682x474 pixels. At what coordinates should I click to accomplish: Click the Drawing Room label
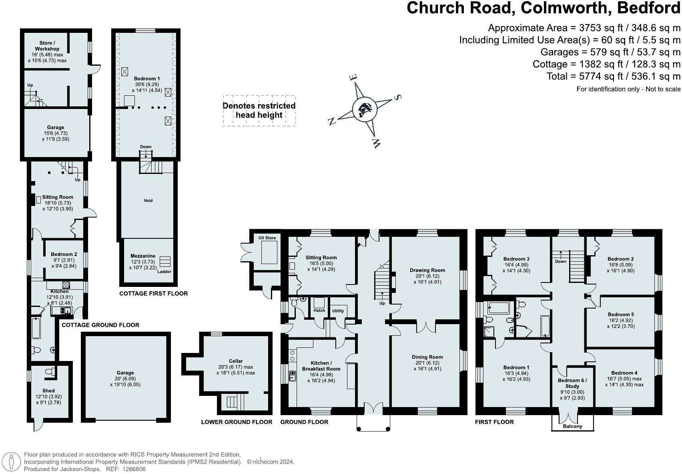[427, 270]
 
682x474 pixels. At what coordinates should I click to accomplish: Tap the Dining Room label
[427, 357]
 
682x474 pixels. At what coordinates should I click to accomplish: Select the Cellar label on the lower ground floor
[236, 361]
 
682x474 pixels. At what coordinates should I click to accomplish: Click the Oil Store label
[267, 238]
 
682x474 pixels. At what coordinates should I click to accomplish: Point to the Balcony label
[572, 426]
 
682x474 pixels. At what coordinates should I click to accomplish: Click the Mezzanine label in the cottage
[142, 256]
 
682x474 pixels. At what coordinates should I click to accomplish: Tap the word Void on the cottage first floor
[148, 200]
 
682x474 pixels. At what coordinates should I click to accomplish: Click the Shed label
[48, 391]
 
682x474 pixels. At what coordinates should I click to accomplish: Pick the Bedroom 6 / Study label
[572, 383]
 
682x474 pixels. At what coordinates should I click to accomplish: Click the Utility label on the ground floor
[338, 311]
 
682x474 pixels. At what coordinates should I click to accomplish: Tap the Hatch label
[319, 311]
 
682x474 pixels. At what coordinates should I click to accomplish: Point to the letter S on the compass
[398, 97]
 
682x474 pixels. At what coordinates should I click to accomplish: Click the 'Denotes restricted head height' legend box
[259, 111]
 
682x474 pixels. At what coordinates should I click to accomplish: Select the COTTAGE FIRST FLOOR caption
[153, 294]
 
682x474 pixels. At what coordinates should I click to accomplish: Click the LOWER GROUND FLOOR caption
[237, 422]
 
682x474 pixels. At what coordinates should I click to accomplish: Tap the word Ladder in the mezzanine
[164, 272]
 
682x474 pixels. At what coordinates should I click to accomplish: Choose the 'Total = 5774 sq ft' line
[613, 76]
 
